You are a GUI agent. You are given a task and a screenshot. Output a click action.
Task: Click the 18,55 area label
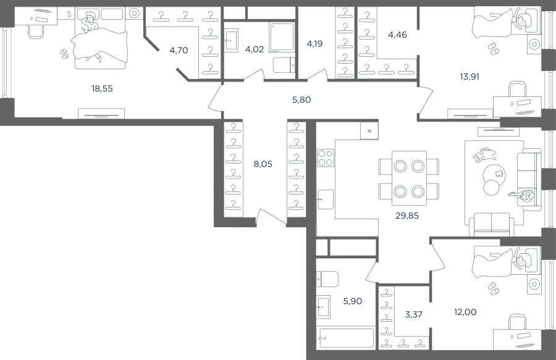[x=102, y=88]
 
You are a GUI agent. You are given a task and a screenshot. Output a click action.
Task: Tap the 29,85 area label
[x=407, y=216]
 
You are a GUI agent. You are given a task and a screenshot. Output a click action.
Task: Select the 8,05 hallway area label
[x=263, y=164]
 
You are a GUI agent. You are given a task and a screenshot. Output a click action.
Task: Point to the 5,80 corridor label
[x=301, y=100]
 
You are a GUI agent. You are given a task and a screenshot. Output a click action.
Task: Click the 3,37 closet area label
[x=413, y=314]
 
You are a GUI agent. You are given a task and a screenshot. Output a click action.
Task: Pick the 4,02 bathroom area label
[x=255, y=49]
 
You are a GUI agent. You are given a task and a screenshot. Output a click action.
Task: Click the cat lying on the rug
[x=484, y=155]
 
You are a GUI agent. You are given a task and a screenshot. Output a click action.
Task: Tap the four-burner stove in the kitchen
[x=326, y=158]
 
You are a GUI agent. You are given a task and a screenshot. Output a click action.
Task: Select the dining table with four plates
[x=409, y=178]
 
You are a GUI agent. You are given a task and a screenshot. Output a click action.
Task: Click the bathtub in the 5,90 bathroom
[x=347, y=338]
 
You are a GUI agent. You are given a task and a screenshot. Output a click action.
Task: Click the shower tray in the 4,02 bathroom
[x=282, y=38]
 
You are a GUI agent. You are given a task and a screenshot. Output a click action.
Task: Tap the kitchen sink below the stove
[x=325, y=199]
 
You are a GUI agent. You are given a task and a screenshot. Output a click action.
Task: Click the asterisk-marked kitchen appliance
[x=369, y=131]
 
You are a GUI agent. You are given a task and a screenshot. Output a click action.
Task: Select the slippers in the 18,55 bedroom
[x=64, y=54]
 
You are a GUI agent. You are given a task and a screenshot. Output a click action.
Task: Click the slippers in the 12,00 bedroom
[x=493, y=289]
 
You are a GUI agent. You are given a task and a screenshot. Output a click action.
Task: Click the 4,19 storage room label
[x=314, y=44]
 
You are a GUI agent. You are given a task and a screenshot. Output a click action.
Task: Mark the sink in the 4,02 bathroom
[x=231, y=41]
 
